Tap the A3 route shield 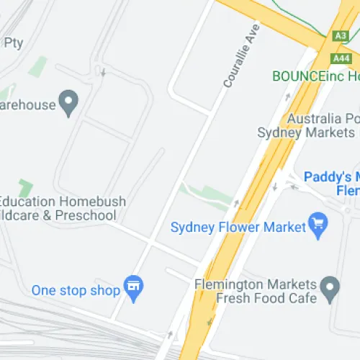[x=341, y=35]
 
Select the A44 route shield [x=341, y=58]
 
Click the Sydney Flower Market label [x=238, y=228]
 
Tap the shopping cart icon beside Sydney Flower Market [x=317, y=224]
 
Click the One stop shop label [x=75, y=291]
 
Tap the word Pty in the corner [x=14, y=43]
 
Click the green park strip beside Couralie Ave [x=209, y=194]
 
